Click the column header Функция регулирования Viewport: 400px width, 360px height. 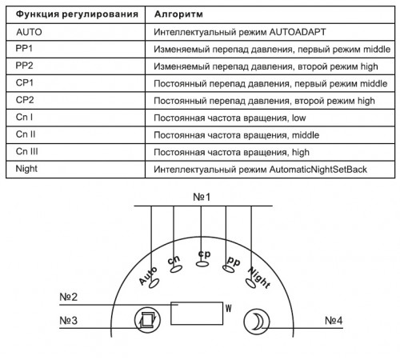[77, 14]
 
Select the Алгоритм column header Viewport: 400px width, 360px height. [178, 14]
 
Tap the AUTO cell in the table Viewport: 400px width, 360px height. [29, 32]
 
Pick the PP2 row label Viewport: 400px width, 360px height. [24, 66]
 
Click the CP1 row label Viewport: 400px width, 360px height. [25, 82]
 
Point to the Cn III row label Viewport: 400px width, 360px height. [27, 151]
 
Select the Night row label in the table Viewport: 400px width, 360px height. [26, 169]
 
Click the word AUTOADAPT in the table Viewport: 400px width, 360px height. [298, 32]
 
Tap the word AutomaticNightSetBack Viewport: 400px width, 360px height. [318, 170]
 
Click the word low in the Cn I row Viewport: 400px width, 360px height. [299, 118]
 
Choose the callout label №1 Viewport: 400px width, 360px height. [202, 197]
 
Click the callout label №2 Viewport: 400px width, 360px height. [69, 297]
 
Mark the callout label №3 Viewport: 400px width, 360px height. [69, 320]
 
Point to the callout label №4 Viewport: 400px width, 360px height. [334, 320]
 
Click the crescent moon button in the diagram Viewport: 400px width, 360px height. [257, 322]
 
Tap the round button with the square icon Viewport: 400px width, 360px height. [147, 319]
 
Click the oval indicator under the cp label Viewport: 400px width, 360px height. [202, 264]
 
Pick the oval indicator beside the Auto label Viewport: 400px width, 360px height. [154, 283]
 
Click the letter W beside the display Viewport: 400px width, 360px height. [229, 308]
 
